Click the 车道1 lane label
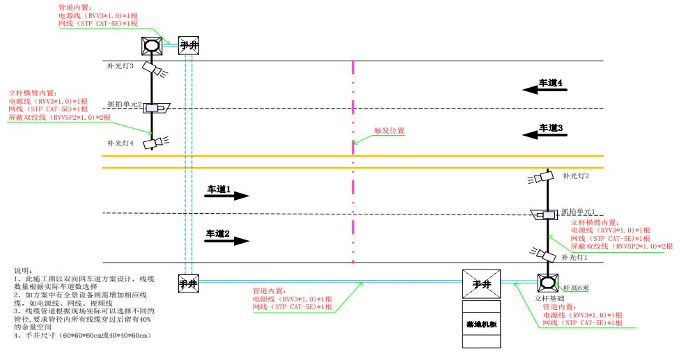pyautogui.click(x=218, y=189)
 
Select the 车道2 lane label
pyautogui.click(x=218, y=233)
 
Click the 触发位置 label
pyautogui.click(x=389, y=130)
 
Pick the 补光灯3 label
pyautogui.click(x=120, y=66)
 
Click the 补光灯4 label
pyautogui.click(x=120, y=143)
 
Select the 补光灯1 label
pyautogui.click(x=576, y=258)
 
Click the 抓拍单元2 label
pyautogui.click(x=124, y=104)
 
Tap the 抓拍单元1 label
pyautogui.click(x=579, y=212)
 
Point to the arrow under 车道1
pyautogui.click(x=227, y=196)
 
